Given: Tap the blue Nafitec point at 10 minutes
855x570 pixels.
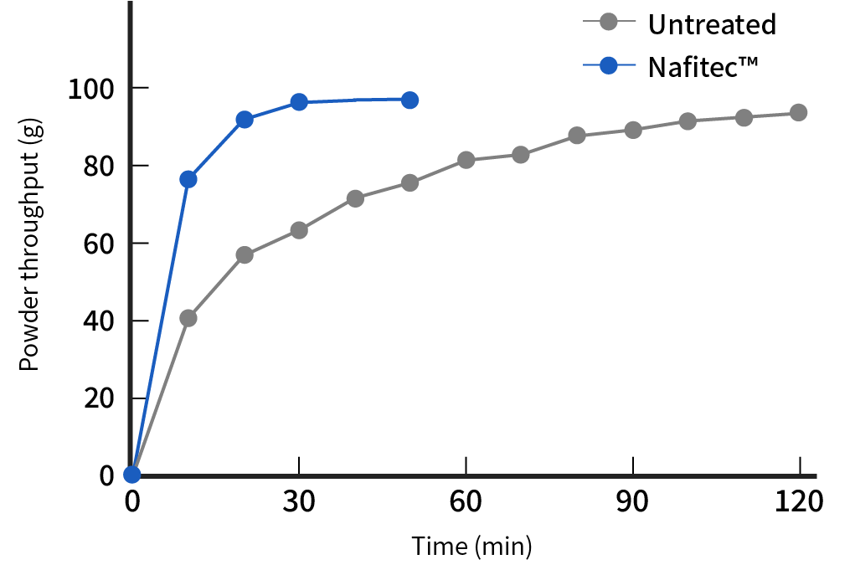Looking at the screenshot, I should point(188,179).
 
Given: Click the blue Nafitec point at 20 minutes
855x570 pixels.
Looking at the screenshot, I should point(245,120).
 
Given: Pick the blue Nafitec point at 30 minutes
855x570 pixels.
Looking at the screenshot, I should point(299,102).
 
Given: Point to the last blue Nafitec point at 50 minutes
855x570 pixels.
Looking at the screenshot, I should point(409,100).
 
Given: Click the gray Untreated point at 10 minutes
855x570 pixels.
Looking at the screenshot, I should point(188,318).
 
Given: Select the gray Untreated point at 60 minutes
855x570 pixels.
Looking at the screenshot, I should point(466,160).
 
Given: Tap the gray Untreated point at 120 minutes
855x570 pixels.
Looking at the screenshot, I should point(799,112).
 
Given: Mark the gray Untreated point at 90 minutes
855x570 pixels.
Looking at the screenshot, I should point(633,130).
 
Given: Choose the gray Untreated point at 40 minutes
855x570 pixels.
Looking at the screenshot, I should point(355,198).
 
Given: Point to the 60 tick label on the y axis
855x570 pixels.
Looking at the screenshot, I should point(98,244).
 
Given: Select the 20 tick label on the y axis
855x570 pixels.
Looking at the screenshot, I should point(98,398).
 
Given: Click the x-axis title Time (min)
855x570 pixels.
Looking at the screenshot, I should point(471,547).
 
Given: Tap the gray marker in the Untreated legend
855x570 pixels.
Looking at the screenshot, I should point(609,23).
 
